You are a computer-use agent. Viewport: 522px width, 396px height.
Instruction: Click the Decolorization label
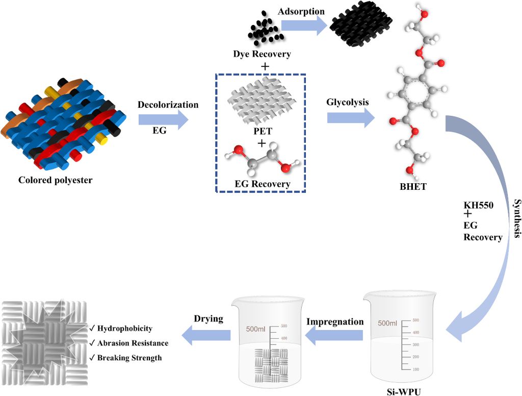point(168,105)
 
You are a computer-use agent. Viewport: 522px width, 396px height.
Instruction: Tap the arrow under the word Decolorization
point(163,119)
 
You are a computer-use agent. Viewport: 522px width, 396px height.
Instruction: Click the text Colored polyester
point(55,180)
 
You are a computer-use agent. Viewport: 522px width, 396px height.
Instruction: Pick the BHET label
point(413,187)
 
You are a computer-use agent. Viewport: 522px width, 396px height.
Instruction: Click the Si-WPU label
point(404,392)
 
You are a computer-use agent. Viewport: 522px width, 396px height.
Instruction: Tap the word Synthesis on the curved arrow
point(517,218)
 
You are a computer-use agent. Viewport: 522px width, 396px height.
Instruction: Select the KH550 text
point(478,205)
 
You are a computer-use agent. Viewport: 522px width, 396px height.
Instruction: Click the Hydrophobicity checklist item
point(121,328)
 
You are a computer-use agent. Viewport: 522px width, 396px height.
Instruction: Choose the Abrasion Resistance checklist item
point(128,343)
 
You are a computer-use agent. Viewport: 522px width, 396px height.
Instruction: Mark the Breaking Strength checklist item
point(125,358)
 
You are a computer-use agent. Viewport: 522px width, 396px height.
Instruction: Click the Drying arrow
point(206,335)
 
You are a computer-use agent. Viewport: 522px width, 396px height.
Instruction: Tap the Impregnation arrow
point(334,335)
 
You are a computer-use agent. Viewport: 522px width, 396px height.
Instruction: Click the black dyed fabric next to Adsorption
point(361,23)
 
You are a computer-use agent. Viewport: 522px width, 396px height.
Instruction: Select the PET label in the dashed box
point(263,131)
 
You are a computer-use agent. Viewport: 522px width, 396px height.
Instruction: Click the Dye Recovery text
point(262,54)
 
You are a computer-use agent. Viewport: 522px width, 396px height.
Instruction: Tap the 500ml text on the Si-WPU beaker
point(387,324)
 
